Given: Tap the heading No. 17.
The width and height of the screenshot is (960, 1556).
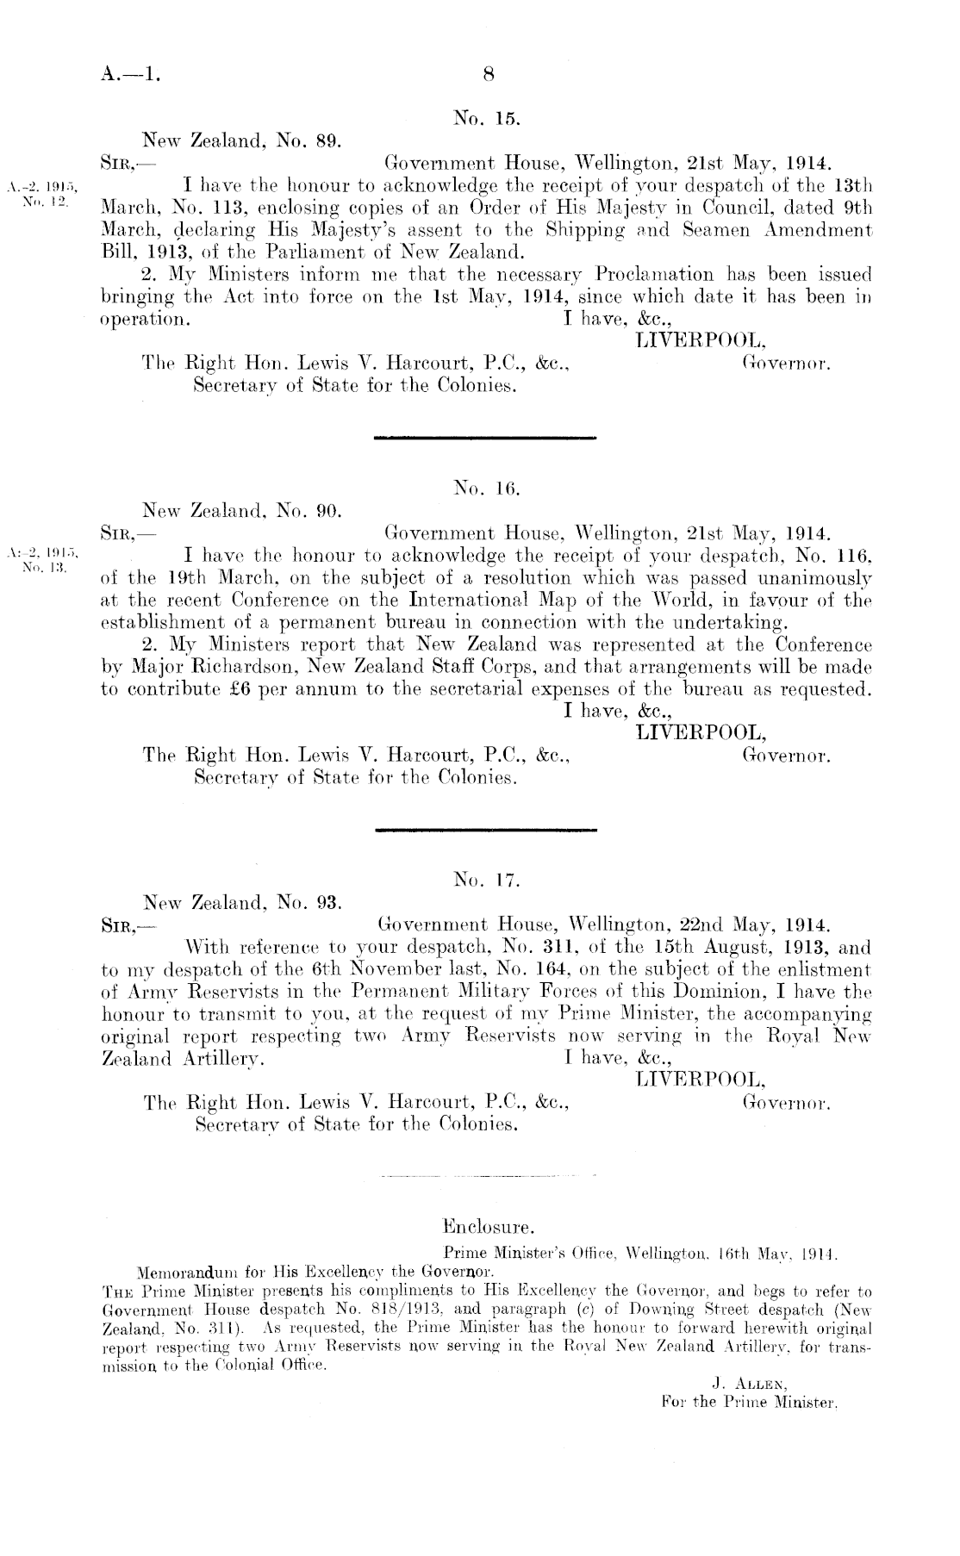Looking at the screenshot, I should click(x=485, y=881).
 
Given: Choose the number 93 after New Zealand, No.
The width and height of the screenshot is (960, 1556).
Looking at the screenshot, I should click(x=331, y=904).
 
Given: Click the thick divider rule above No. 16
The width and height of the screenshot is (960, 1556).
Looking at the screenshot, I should click(x=486, y=439).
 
